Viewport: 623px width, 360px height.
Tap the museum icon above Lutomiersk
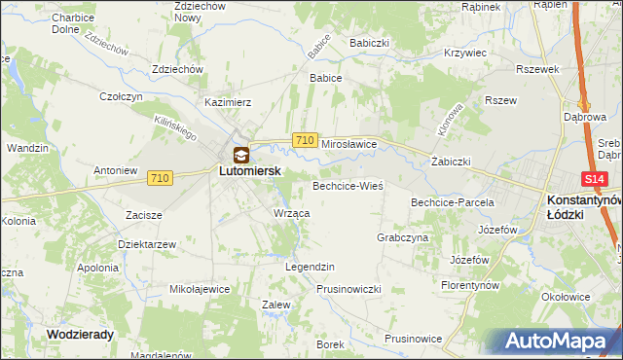[x=240, y=154]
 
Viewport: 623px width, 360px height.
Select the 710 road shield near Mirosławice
[x=304, y=141]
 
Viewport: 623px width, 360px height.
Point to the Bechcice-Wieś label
[x=348, y=185]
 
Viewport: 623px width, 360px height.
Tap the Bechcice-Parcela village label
[x=453, y=202]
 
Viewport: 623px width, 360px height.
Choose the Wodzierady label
[x=81, y=333]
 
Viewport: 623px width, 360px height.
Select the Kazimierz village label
[x=228, y=101]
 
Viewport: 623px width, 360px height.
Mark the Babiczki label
[x=369, y=43]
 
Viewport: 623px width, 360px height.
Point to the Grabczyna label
[x=402, y=237]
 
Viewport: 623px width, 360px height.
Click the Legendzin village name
[x=310, y=267]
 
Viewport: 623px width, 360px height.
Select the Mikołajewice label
[x=200, y=289]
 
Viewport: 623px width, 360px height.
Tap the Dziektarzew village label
[x=146, y=243]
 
